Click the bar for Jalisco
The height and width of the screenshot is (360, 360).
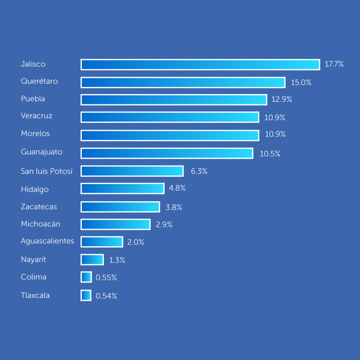[x=200, y=64]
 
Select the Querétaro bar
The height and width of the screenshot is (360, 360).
[x=183, y=82]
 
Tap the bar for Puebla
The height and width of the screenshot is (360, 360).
[x=174, y=99]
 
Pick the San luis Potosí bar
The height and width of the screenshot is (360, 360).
[x=132, y=171]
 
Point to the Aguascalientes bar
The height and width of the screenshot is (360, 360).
[x=102, y=242]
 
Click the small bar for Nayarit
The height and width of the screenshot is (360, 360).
[x=92, y=260]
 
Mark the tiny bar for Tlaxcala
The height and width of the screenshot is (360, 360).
[x=86, y=296]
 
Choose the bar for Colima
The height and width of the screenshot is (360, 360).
[x=86, y=277]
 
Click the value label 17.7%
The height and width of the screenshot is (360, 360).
[x=334, y=64]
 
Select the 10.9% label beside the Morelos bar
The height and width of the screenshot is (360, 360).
[x=275, y=135]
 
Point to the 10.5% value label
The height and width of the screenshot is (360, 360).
[x=270, y=154]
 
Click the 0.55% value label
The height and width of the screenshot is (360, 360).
[x=106, y=278]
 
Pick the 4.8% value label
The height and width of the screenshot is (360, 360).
[x=177, y=188]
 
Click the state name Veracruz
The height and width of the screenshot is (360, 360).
[x=36, y=116]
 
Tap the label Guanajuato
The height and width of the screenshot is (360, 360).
[x=41, y=152]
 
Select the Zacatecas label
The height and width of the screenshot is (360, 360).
[x=39, y=207]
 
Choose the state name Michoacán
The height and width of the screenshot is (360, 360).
[x=40, y=224]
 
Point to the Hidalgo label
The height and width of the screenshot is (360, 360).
[x=35, y=189]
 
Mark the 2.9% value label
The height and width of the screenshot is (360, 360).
[x=164, y=225]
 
